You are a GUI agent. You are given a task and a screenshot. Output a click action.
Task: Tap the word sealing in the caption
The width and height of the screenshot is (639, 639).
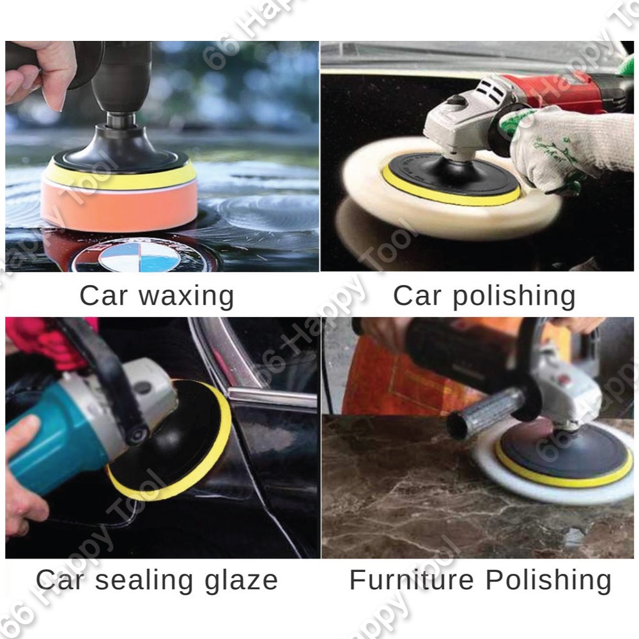click(144, 580)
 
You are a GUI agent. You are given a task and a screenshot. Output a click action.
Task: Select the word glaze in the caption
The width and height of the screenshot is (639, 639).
click(241, 580)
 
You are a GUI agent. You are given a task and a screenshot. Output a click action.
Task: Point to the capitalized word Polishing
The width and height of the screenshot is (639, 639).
click(548, 580)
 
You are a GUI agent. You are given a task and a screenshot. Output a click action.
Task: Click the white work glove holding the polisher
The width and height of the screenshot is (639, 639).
click(562, 150)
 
